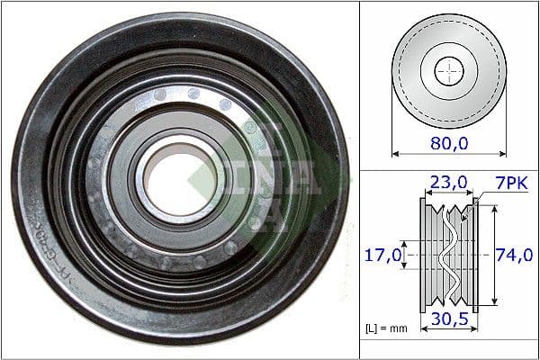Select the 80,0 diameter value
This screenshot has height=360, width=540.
(x=447, y=142)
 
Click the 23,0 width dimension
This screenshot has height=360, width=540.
(x=448, y=184)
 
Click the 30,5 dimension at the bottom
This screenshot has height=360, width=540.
(x=447, y=320)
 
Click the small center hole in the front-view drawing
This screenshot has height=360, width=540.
(x=448, y=70)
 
